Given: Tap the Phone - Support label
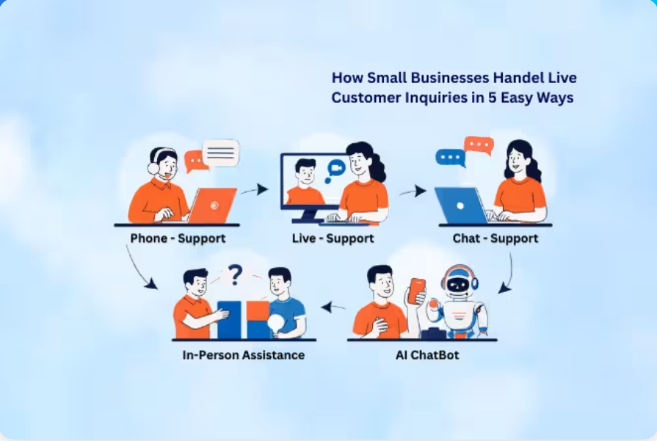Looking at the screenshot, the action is click(x=178, y=238).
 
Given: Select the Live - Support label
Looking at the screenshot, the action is click(x=333, y=238).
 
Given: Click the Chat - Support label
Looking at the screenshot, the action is click(x=496, y=238).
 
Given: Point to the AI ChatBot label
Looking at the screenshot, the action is click(x=427, y=355).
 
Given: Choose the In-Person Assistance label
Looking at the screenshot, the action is click(x=244, y=355).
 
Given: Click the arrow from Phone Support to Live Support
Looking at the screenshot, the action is click(x=254, y=190).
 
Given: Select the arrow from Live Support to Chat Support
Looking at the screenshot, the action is click(x=413, y=192).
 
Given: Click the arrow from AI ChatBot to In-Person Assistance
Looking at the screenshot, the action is click(x=333, y=308).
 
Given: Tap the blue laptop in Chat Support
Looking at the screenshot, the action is click(x=461, y=205).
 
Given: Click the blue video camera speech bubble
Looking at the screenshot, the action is click(x=335, y=170).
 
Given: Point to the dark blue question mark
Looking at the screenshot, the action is click(x=236, y=275).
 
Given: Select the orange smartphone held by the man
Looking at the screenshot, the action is click(x=416, y=291).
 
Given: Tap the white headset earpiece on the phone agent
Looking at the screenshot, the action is click(x=153, y=169).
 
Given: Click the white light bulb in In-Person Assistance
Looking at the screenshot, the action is click(x=276, y=324).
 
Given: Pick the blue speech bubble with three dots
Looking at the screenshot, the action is click(x=451, y=158).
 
